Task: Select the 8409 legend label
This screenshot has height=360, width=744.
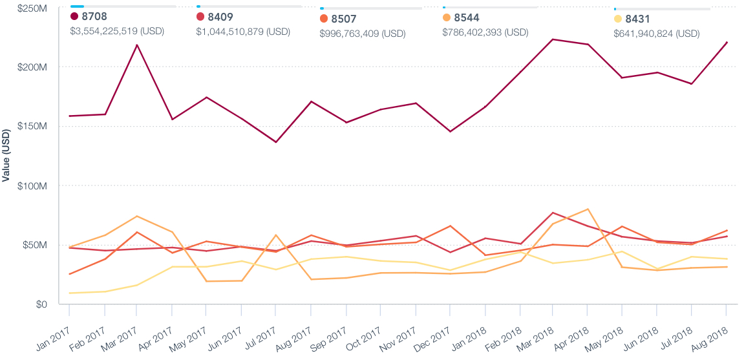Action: pos(220,16)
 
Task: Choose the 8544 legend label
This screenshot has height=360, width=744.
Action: pos(466,18)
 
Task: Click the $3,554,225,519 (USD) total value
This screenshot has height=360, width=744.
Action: pos(117,30)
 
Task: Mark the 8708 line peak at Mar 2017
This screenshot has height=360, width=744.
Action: pos(136,45)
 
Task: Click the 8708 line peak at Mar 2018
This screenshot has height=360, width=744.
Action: pos(553,39)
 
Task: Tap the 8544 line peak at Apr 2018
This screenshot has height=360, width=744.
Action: pos(588,209)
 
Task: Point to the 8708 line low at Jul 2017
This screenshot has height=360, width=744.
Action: pos(276,142)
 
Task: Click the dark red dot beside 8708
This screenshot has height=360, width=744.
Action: pos(74,16)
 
